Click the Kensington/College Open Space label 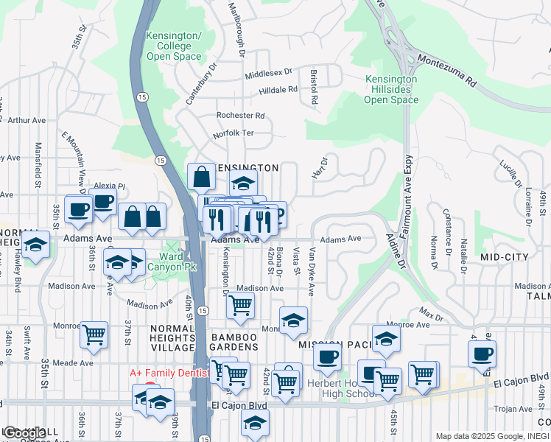click(x=174, y=46)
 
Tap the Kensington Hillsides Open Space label click(x=391, y=89)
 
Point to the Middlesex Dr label click(x=269, y=74)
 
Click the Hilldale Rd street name click(x=278, y=90)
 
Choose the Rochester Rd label click(x=240, y=116)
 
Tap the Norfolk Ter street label click(x=233, y=133)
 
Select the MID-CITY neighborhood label click(x=504, y=256)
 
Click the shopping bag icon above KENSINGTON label click(x=201, y=178)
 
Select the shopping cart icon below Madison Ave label click(x=240, y=304)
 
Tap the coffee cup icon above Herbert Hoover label click(x=327, y=357)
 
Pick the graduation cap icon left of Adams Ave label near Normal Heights click(x=35, y=245)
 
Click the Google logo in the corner click(x=24, y=433)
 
